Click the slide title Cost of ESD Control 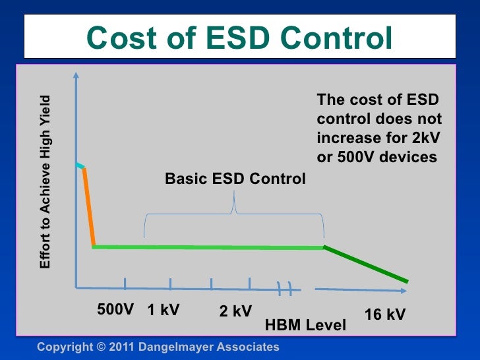(x=239, y=38)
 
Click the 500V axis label (x=116, y=309)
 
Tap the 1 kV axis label (x=164, y=309)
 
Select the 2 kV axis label (x=235, y=311)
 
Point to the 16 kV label (x=384, y=315)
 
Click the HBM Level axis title (x=305, y=325)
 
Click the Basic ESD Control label (x=235, y=179)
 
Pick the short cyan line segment (x=79, y=165)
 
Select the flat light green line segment (x=208, y=247)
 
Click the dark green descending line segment (x=365, y=265)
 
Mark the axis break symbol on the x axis (x=285, y=287)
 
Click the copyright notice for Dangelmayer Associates (x=158, y=347)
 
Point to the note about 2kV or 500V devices (x=379, y=129)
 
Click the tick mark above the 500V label (x=125, y=284)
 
